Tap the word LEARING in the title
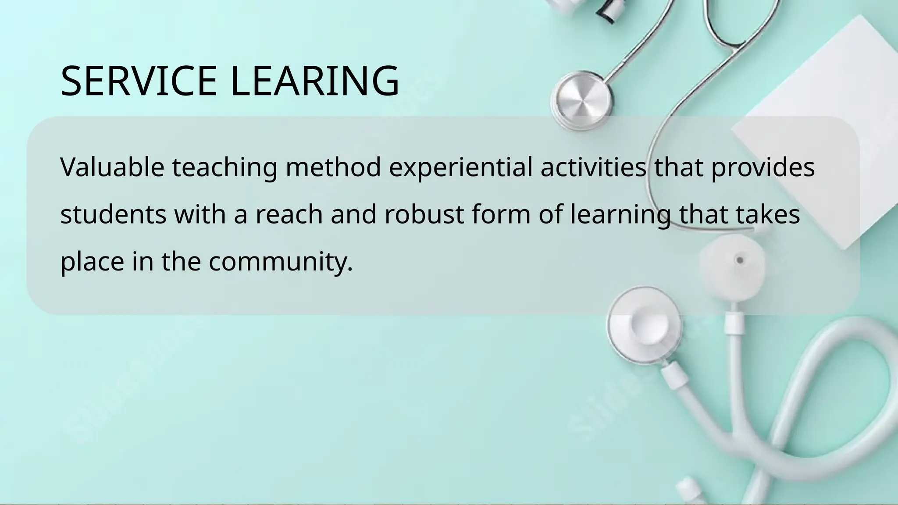pos(314,81)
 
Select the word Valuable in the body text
pos(112,167)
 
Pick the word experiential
pos(460,168)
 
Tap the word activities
pos(593,167)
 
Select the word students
pos(113,214)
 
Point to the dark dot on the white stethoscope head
pos(740,260)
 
